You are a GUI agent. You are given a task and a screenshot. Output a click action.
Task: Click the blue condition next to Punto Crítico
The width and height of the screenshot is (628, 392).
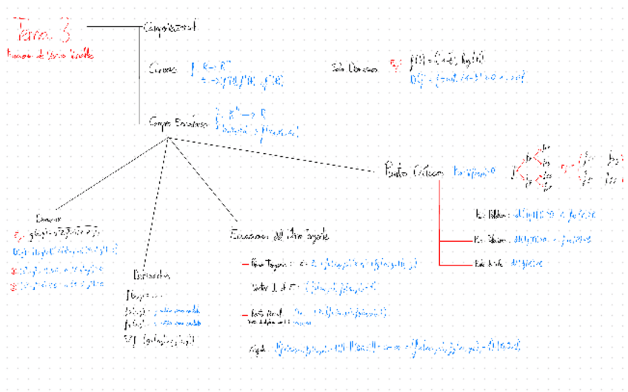pos(472,171)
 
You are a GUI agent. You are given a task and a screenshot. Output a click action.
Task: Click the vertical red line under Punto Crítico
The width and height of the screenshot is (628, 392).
pos(440,222)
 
